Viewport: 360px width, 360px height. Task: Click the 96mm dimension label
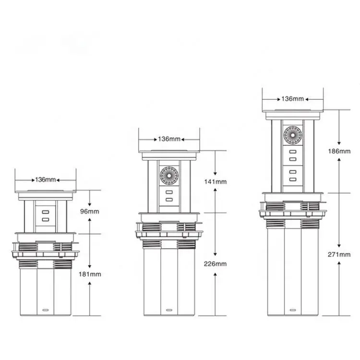(x=90, y=211)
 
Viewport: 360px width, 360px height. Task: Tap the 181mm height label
(x=90, y=274)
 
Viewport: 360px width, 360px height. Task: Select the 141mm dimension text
(x=216, y=182)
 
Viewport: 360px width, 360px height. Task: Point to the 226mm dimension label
(x=215, y=264)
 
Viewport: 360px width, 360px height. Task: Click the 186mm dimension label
(x=339, y=151)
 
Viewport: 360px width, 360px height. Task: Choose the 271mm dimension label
(x=339, y=254)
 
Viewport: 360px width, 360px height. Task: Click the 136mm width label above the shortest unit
(x=46, y=180)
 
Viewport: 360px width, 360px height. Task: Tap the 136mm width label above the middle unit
(x=169, y=139)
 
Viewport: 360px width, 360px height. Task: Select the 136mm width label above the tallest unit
(x=293, y=99)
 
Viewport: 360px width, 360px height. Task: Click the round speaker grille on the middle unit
(x=169, y=176)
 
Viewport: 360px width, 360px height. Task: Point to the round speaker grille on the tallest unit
(x=293, y=135)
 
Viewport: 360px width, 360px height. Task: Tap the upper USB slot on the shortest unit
(x=46, y=212)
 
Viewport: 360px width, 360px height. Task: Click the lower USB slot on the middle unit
(x=169, y=200)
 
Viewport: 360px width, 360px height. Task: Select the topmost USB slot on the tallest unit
(x=293, y=152)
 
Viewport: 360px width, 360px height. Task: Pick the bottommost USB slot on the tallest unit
(x=293, y=180)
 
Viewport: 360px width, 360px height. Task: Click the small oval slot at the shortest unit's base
(x=46, y=310)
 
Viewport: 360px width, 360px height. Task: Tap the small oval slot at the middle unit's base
(x=169, y=310)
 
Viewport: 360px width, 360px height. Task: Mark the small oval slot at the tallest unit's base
(x=293, y=310)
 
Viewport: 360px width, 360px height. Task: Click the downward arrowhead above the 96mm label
(x=90, y=204)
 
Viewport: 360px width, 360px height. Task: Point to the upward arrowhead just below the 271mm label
(x=339, y=263)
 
